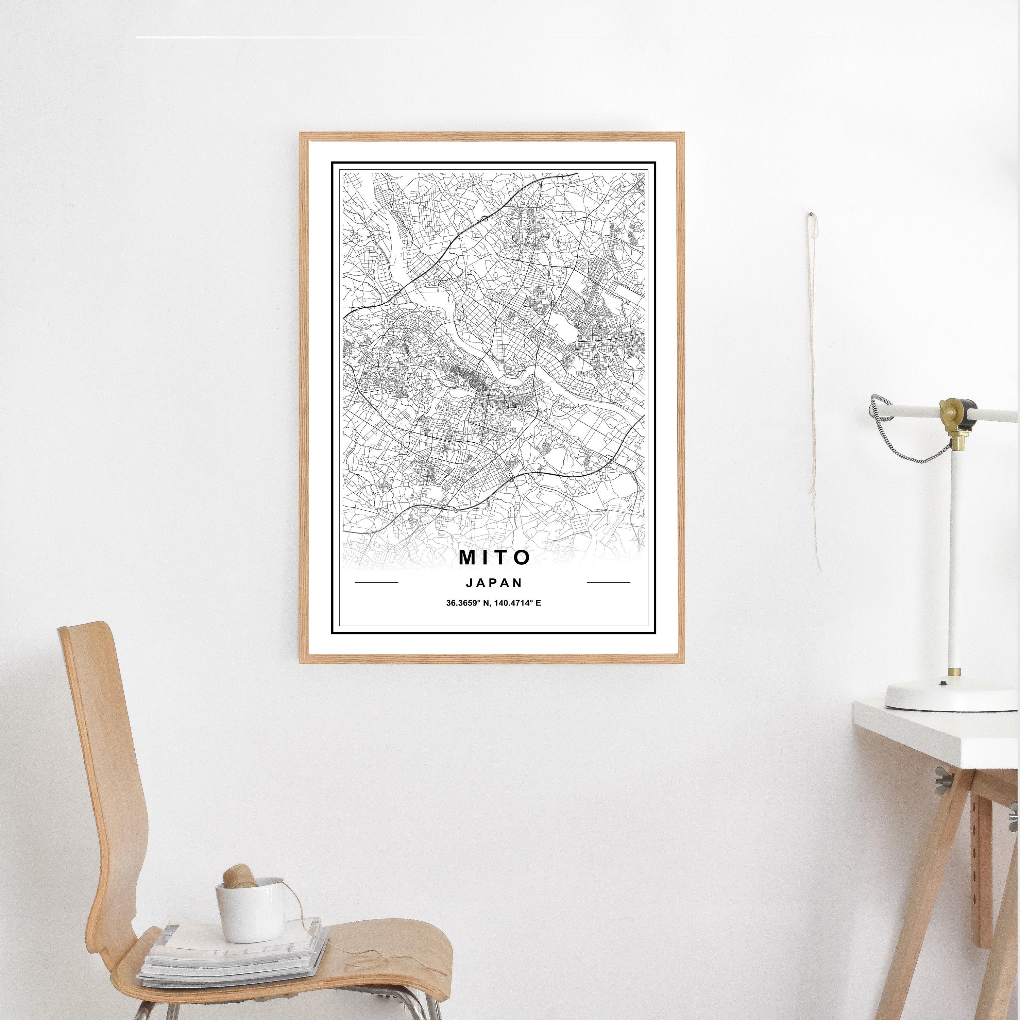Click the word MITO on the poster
click(x=494, y=558)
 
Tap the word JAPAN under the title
click(x=494, y=583)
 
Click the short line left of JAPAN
click(x=376, y=583)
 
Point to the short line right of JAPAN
click(x=609, y=583)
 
